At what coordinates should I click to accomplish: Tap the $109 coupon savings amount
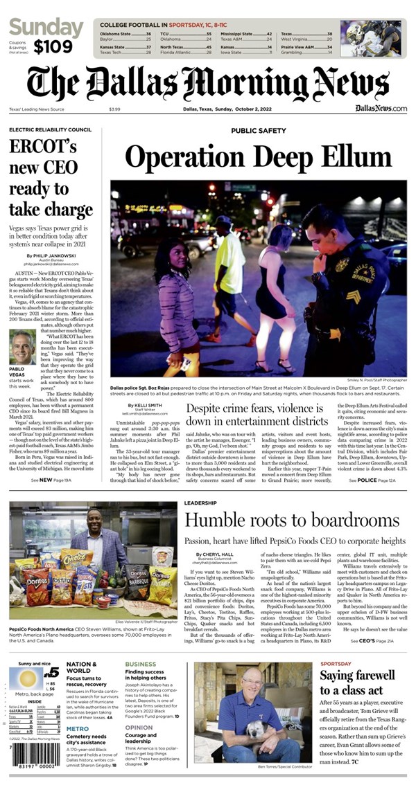[50, 47]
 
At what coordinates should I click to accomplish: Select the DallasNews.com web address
[381, 108]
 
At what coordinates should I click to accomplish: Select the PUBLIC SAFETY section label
[259, 130]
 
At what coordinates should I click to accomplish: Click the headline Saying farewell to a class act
[357, 683]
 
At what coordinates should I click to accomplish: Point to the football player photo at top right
[379, 38]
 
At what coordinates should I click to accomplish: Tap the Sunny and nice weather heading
[36, 664]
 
